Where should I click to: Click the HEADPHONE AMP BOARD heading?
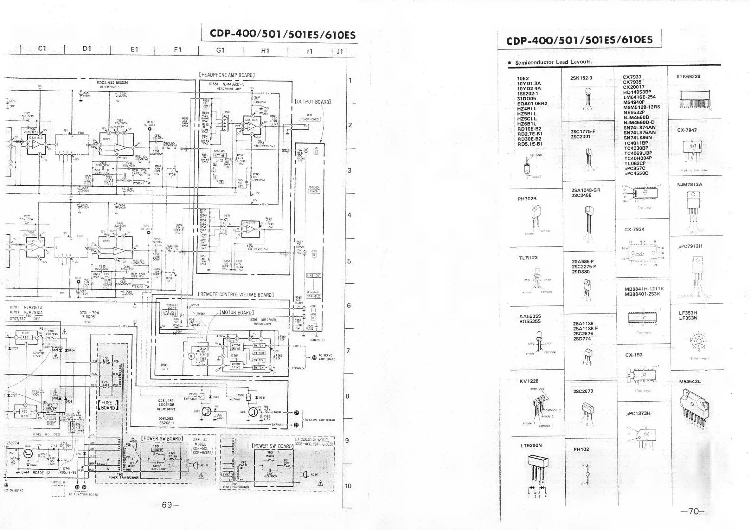click(x=227, y=75)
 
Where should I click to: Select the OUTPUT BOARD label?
click(x=313, y=102)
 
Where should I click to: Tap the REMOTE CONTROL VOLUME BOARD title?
click(x=235, y=294)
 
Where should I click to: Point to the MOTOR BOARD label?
click(x=236, y=313)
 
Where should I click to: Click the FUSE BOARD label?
click(x=108, y=405)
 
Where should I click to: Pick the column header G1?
click(x=220, y=50)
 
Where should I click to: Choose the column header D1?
click(x=87, y=49)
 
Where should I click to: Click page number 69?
click(x=167, y=504)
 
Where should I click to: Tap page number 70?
click(x=693, y=511)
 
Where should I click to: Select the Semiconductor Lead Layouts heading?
click(x=553, y=62)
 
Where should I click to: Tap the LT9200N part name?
click(x=531, y=445)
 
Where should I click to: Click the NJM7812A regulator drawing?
click(x=693, y=206)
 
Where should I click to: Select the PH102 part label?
click(x=581, y=449)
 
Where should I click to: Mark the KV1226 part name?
click(x=529, y=381)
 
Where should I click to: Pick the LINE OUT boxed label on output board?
click(x=314, y=275)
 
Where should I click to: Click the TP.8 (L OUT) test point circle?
click(x=150, y=129)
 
